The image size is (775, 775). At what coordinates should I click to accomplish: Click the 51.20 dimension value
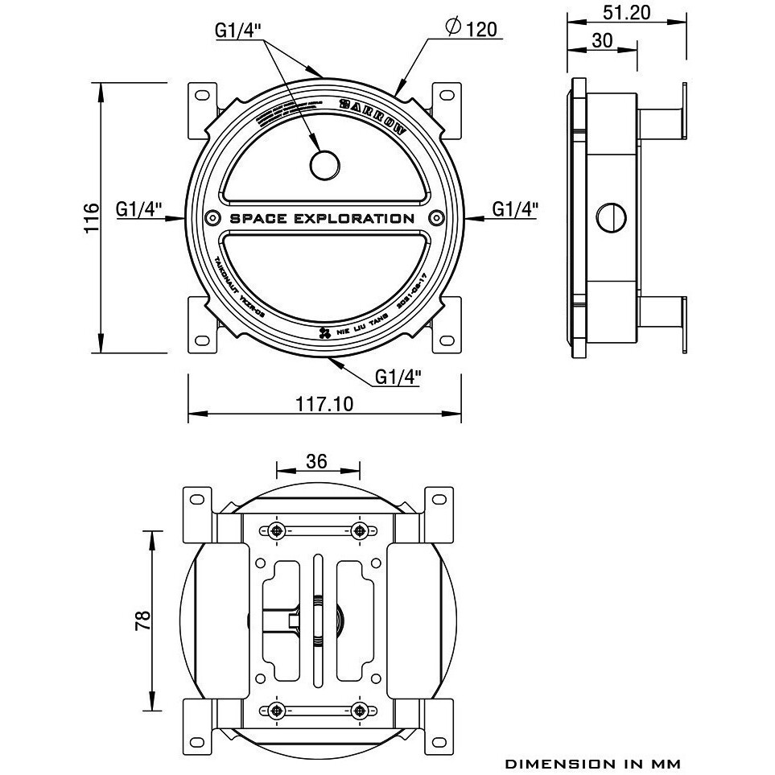tap(626, 12)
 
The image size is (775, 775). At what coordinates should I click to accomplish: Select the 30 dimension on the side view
tap(602, 40)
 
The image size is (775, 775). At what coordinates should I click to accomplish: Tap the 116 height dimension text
tap(91, 217)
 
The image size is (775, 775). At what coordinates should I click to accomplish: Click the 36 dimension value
tap(317, 460)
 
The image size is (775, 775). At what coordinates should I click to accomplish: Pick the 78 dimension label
tap(142, 620)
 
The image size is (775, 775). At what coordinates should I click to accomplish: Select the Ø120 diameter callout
tap(472, 30)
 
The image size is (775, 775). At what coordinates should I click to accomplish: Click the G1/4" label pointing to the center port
tap(237, 31)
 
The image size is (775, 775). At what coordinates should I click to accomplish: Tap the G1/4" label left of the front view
tap(139, 209)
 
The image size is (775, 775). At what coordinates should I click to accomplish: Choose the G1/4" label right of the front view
tap(515, 209)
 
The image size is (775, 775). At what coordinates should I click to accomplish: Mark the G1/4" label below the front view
tap(398, 377)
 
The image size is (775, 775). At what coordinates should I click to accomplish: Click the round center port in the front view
tap(325, 164)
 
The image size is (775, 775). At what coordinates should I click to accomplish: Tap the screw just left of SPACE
tap(212, 218)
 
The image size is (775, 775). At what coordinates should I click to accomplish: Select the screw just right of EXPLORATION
tap(437, 218)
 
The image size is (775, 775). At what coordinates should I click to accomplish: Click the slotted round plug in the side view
tap(612, 217)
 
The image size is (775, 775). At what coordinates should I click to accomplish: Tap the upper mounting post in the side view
tap(660, 122)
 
